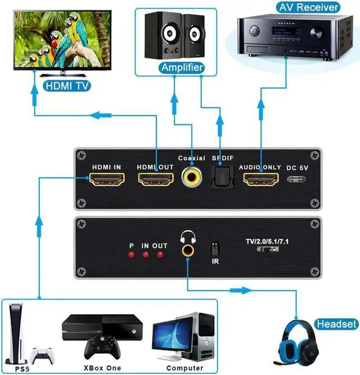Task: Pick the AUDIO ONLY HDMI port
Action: point(261,181)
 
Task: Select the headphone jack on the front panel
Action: point(186,248)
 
